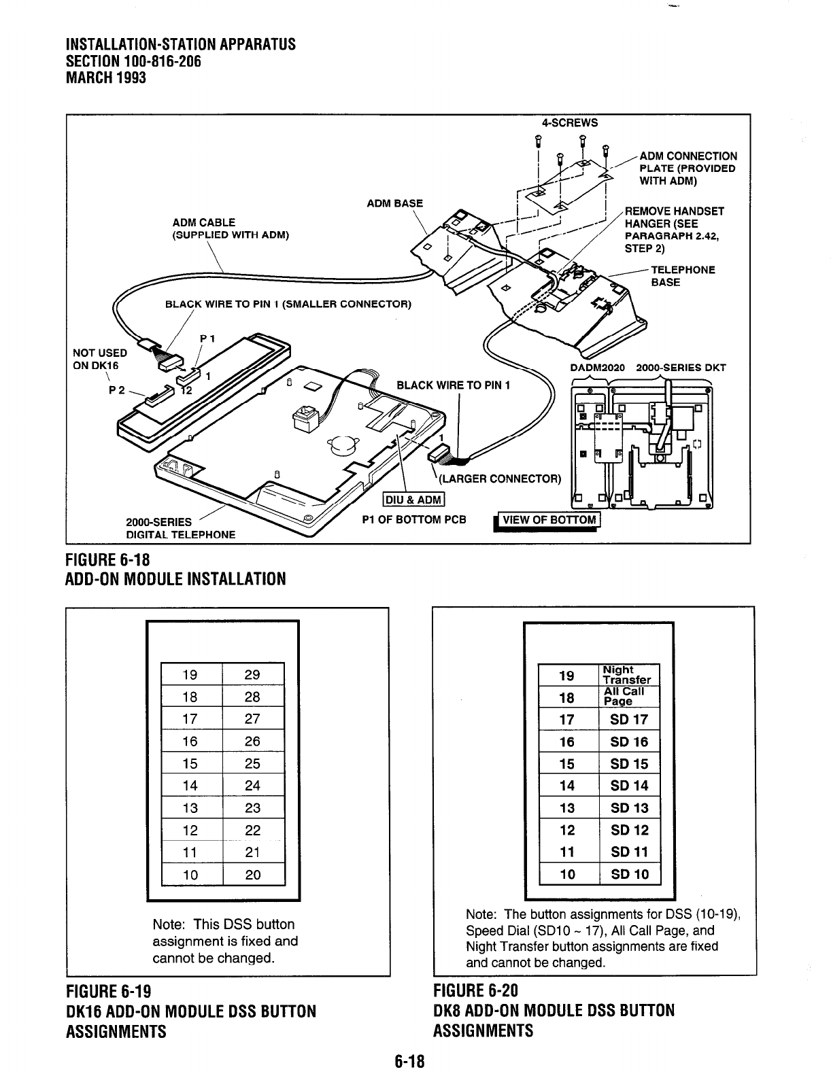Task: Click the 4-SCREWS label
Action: point(570,123)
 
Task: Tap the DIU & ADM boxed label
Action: point(413,501)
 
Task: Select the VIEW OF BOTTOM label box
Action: point(549,521)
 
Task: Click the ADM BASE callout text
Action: point(394,203)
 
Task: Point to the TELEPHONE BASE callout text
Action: point(681,276)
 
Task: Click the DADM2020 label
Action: point(598,368)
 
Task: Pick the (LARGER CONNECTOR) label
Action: point(500,479)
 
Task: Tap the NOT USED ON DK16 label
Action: point(100,358)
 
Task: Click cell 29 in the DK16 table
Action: point(252,674)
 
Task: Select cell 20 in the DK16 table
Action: point(252,875)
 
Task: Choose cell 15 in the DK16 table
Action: point(190,763)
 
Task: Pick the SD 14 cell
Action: point(629,786)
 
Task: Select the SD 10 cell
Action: point(629,874)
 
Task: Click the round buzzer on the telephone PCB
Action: point(340,445)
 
